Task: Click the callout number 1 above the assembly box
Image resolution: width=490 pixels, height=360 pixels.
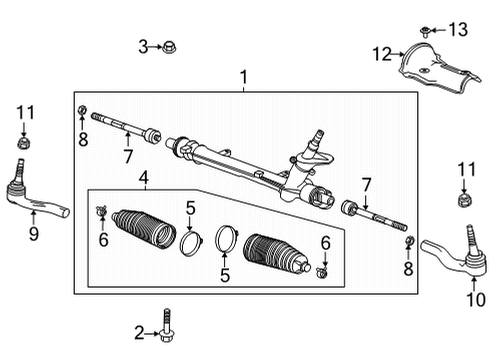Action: tap(241, 76)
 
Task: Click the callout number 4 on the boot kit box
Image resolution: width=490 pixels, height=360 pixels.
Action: tap(144, 180)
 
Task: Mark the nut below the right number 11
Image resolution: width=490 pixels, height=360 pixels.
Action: tap(463, 199)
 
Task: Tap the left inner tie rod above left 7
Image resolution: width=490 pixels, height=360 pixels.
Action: tap(125, 131)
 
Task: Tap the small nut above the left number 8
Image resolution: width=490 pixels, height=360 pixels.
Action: tap(82, 109)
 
